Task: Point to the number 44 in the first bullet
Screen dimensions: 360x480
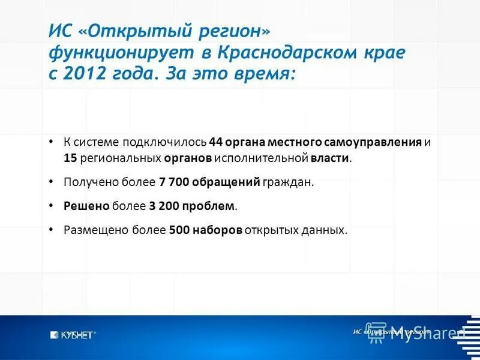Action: tap(216, 143)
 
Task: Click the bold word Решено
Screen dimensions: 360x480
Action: tap(86, 206)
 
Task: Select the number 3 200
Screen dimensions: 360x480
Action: tap(165, 206)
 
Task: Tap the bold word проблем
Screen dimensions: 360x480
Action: tap(210, 206)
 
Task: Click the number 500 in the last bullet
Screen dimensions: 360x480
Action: tap(179, 230)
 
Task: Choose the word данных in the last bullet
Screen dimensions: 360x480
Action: tap(328, 230)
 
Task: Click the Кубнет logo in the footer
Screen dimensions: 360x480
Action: tap(73, 335)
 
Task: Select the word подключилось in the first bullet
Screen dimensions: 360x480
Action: tap(164, 143)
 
